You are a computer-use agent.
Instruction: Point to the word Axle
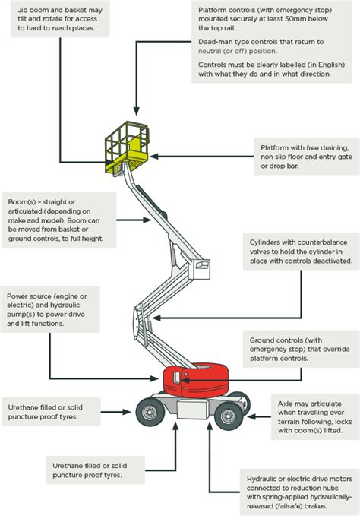click(x=289, y=404)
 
